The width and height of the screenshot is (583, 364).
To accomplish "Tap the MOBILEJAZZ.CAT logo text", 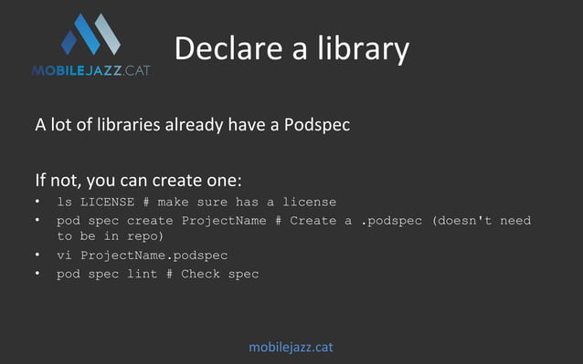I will [x=90, y=69].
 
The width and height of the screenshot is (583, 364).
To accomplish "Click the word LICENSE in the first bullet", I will [x=107, y=202].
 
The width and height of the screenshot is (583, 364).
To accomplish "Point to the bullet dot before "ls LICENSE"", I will [x=37, y=202].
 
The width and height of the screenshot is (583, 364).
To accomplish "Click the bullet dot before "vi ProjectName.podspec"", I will [x=37, y=255].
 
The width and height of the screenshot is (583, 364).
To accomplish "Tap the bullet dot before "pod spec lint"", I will [x=37, y=274].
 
